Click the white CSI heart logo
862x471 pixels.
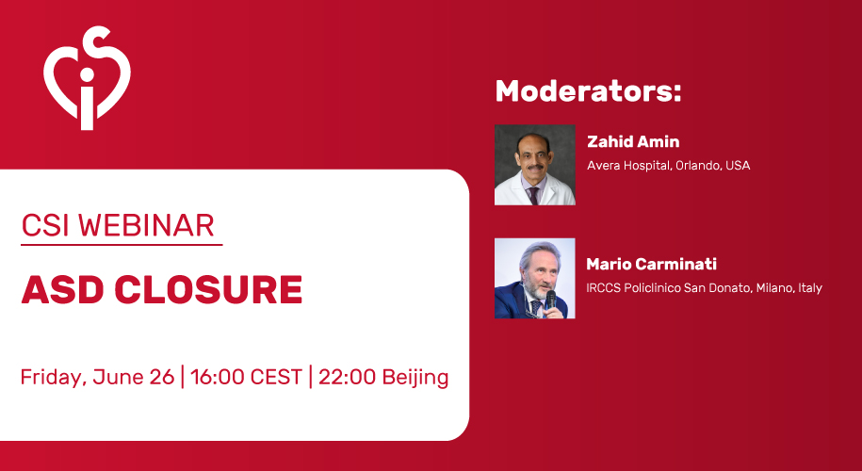[87, 78]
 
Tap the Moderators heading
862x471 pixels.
[588, 91]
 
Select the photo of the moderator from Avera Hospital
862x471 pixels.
[535, 165]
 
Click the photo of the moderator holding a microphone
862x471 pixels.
[535, 278]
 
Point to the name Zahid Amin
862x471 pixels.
[633, 142]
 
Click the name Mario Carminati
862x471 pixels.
[652, 265]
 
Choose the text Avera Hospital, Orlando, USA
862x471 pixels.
[669, 166]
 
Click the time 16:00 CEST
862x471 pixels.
[246, 378]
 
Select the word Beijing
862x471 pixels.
[415, 378]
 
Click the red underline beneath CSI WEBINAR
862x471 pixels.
[122, 244]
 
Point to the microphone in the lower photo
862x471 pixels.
[550, 300]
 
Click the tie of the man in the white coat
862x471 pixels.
[532, 195]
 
